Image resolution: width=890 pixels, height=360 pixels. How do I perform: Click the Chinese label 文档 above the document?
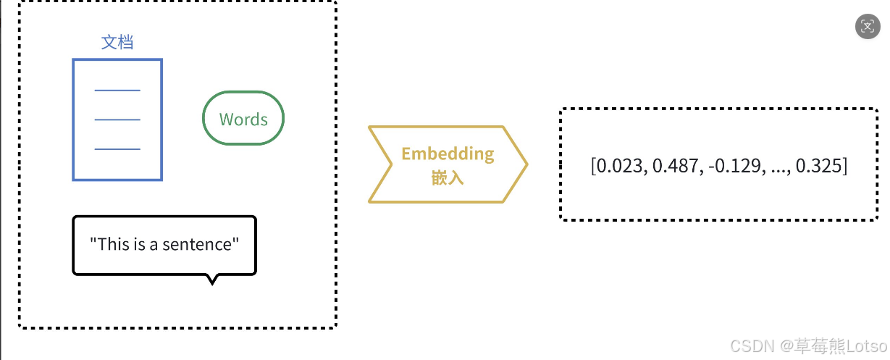(117, 42)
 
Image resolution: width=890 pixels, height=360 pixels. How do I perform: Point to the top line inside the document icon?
(117, 91)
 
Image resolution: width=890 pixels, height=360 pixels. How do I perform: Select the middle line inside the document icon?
(117, 120)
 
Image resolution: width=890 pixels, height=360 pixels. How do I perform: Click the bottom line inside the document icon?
(117, 149)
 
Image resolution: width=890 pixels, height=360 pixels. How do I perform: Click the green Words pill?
(243, 120)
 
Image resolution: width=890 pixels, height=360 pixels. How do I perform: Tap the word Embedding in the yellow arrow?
(448, 154)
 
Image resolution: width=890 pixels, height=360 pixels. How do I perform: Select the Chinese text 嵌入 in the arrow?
(448, 177)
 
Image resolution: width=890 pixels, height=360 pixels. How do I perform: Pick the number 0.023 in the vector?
(621, 166)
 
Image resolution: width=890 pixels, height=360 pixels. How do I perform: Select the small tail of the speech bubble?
(212, 280)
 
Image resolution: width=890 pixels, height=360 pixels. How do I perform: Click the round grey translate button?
(868, 27)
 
